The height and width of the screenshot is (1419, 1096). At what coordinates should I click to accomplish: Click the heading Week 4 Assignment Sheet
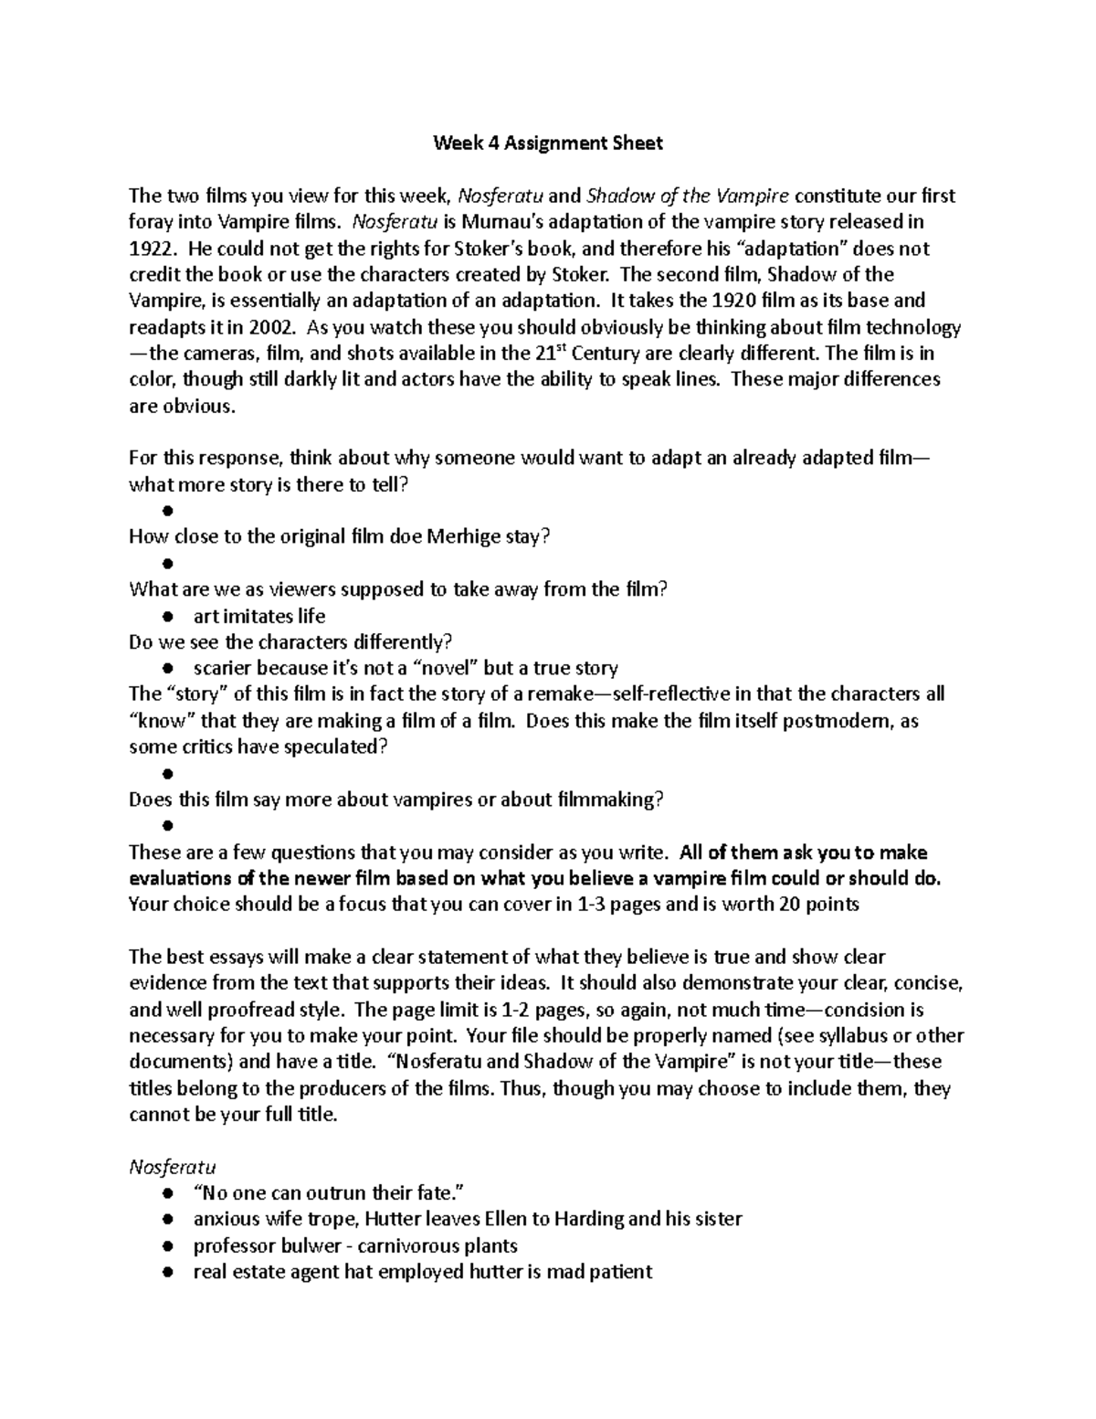point(547,143)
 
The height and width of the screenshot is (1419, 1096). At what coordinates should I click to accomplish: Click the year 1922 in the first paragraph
point(147,249)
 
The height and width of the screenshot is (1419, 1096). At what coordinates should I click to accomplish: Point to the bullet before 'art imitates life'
point(167,617)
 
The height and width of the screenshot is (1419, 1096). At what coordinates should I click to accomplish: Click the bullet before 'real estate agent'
point(167,1273)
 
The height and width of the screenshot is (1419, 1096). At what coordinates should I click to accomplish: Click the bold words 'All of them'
point(715,852)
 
